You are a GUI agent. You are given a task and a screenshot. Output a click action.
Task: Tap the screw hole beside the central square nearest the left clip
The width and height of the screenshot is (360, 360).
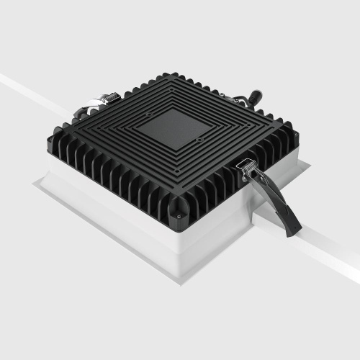[148, 114]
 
